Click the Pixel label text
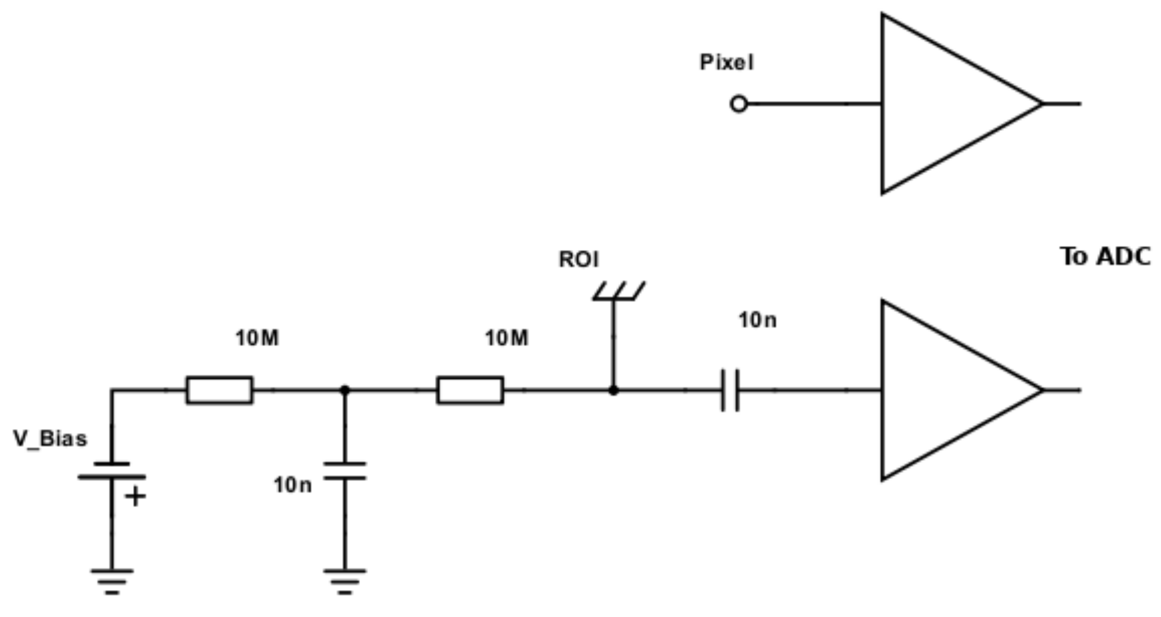[727, 63]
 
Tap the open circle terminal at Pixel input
[738, 104]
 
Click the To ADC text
[1105, 257]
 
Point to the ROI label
[578, 260]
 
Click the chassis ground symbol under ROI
[618, 292]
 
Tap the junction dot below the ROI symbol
[614, 390]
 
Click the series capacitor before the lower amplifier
[730, 390]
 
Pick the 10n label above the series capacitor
[757, 321]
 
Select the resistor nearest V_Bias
[219, 390]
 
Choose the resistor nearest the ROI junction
[470, 390]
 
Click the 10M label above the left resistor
[257, 339]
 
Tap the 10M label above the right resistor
[507, 339]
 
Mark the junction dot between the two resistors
[345, 390]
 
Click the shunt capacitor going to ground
[345, 471]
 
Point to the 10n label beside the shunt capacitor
[293, 486]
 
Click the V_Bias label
[50, 439]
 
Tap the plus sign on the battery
[135, 496]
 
